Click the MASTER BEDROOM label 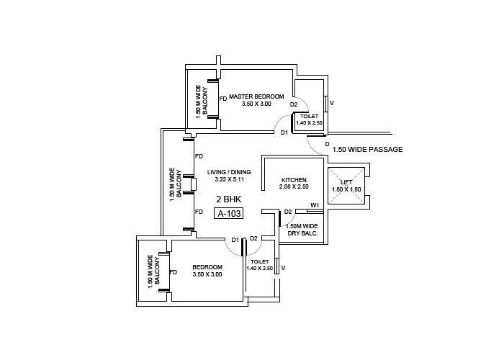(256, 96)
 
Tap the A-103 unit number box (229, 213)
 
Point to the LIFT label (346, 182)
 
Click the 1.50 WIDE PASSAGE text (367, 150)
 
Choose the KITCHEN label (294, 179)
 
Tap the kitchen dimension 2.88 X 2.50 (294, 187)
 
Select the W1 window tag (315, 206)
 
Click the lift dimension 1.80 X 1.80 (346, 189)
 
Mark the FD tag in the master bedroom (223, 99)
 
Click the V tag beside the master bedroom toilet (331, 104)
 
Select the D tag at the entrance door (327, 145)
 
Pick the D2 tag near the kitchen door (288, 212)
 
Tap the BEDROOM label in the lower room (207, 266)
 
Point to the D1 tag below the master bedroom (284, 132)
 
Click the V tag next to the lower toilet (283, 269)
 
